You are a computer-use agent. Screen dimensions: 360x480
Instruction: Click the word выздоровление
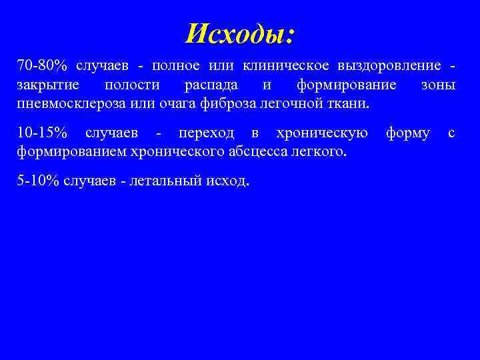390,67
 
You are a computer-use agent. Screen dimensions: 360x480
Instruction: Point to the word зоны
439,85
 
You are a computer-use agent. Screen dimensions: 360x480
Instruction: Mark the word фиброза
234,104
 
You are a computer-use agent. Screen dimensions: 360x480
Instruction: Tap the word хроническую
322,133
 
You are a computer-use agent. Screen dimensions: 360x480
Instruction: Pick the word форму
407,133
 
